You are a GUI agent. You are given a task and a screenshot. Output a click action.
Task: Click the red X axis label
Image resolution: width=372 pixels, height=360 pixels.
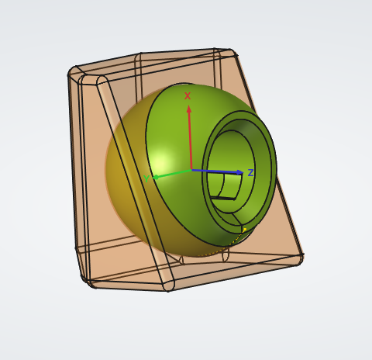tap(188, 96)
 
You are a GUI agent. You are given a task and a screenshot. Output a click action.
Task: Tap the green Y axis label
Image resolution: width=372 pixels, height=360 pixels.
tap(146, 178)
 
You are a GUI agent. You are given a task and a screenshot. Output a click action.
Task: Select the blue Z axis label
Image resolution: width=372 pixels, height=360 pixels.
tap(250, 173)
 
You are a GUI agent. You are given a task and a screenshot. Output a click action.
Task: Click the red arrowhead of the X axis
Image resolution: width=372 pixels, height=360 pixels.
tap(189, 109)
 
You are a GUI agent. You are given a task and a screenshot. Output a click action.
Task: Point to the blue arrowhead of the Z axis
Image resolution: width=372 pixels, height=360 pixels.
tap(239, 172)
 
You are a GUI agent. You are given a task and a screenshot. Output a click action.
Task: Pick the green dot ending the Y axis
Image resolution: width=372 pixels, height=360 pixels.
tap(156, 178)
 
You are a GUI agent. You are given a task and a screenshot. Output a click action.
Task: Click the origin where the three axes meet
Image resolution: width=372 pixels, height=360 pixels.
tap(191, 170)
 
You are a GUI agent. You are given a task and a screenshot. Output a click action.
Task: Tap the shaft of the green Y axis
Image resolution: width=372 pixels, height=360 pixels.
tap(174, 174)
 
